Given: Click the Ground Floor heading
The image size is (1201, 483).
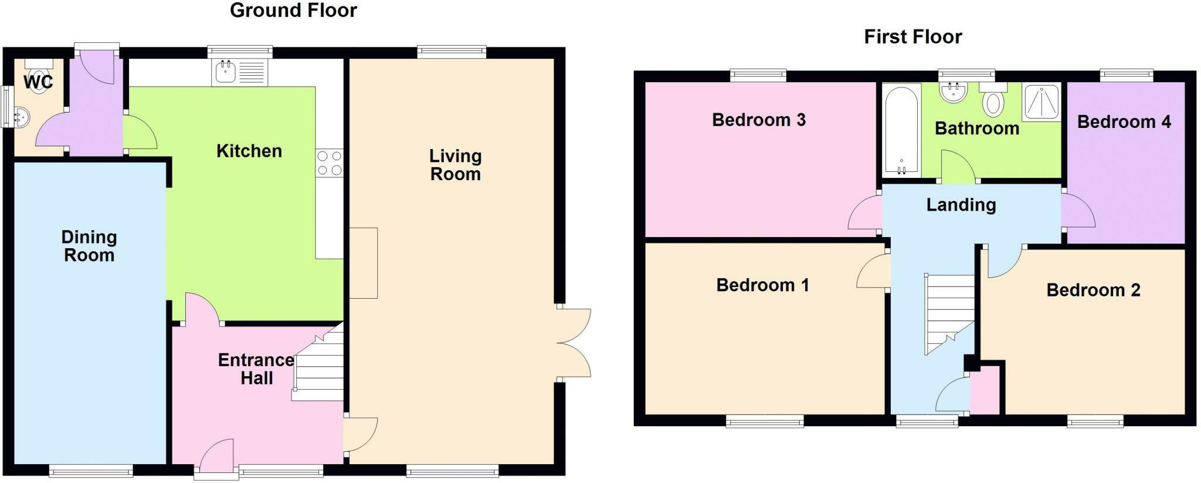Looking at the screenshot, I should click(x=293, y=11).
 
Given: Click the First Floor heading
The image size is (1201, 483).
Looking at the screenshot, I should click(x=912, y=37).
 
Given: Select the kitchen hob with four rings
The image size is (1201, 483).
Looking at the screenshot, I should click(x=329, y=163).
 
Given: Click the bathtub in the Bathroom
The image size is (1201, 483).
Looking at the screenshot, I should click(x=901, y=130).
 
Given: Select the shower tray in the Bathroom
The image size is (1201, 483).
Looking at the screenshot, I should click(x=1041, y=101).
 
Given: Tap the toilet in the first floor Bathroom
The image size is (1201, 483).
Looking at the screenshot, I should click(x=993, y=100).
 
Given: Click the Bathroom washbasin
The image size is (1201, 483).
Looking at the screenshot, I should click(x=954, y=92).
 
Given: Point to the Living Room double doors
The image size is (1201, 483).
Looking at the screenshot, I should click(x=574, y=343).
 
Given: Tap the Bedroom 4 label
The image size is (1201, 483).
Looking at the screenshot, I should click(x=1124, y=122).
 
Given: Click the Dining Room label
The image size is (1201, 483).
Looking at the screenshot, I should click(x=89, y=246).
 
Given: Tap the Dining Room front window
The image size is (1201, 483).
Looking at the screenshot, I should click(x=91, y=470).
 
